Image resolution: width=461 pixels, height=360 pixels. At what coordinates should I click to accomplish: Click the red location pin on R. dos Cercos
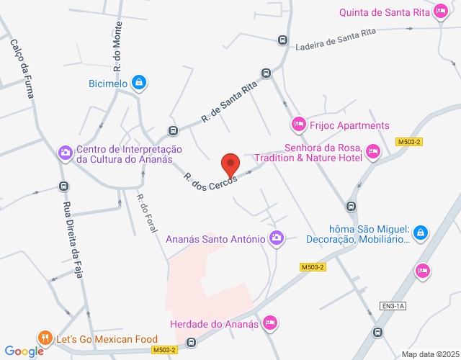(x=230, y=165)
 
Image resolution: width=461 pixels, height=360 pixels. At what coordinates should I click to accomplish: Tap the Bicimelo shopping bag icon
(x=140, y=83)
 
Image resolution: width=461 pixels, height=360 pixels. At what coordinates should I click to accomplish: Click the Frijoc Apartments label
(x=349, y=125)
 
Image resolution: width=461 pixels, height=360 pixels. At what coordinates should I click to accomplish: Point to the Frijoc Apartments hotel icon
(x=298, y=125)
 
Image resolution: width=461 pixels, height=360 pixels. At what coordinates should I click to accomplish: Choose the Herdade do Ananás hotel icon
(x=270, y=322)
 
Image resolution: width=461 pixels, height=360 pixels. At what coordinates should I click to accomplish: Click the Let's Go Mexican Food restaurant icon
(x=45, y=338)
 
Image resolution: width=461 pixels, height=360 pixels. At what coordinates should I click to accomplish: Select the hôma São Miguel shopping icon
(x=421, y=233)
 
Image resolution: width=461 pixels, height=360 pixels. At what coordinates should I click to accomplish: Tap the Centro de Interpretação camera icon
(x=65, y=152)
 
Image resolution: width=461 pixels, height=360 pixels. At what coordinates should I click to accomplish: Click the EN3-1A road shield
(x=394, y=306)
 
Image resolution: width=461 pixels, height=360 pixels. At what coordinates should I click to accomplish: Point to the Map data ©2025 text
(x=429, y=354)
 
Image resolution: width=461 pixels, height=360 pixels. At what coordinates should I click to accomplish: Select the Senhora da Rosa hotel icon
(x=372, y=150)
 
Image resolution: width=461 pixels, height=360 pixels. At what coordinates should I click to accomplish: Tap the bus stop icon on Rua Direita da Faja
(x=63, y=186)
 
